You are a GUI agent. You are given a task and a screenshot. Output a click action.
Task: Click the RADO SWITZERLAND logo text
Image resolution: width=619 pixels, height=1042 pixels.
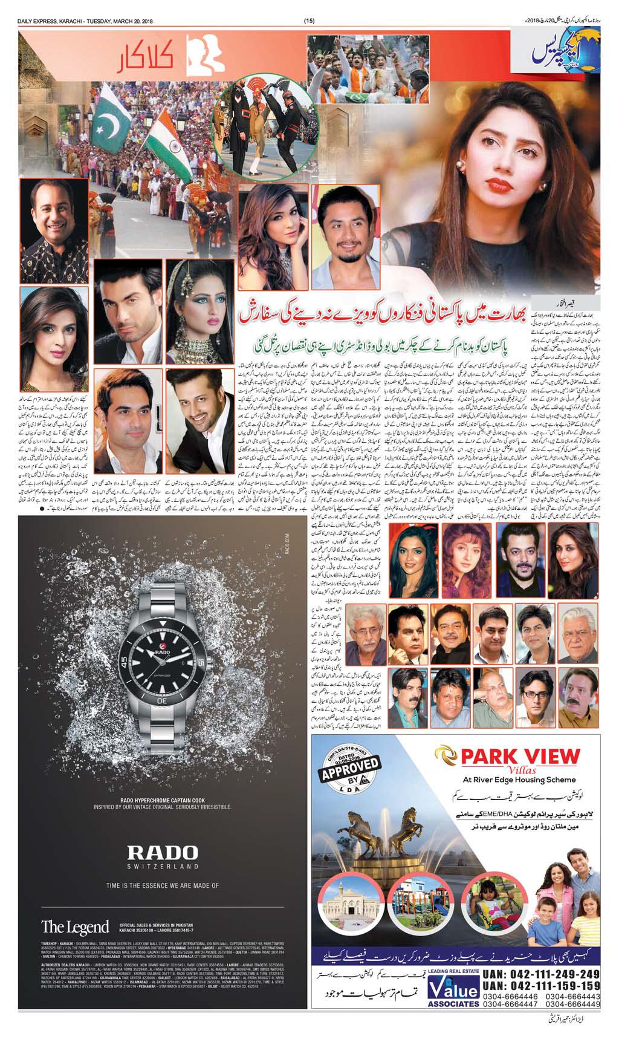tap(163, 855)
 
